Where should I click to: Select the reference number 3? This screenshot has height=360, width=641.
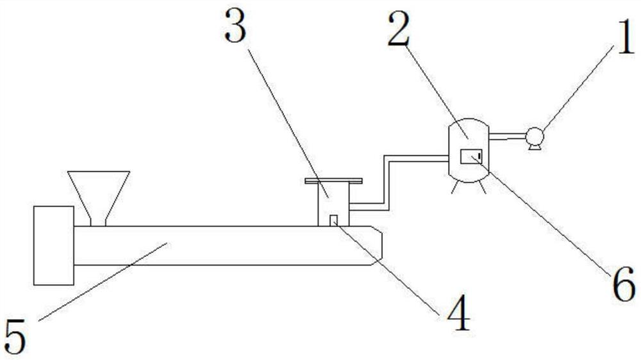[236, 27]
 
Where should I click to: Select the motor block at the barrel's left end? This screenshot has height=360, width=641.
[54, 245]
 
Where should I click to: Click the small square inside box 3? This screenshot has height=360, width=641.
[333, 220]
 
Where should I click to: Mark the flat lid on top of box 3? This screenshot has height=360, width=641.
[333, 181]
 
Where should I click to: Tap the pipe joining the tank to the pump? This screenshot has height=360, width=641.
[507, 136]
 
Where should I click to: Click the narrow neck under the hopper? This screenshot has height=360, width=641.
[98, 221]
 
